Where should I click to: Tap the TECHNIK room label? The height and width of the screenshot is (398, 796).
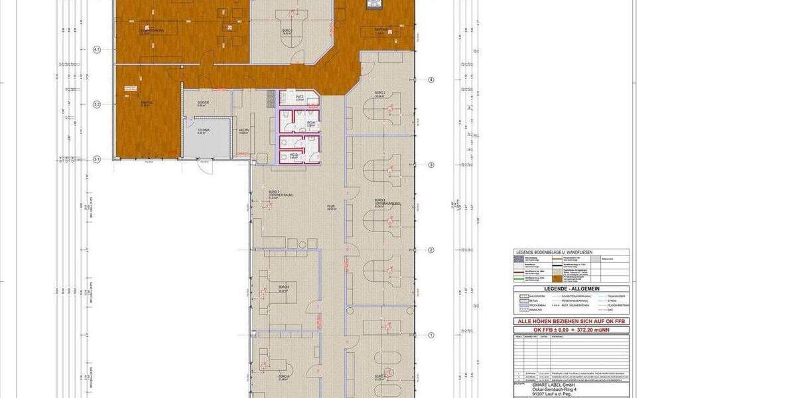[203, 131]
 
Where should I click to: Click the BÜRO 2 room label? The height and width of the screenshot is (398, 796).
[380, 94]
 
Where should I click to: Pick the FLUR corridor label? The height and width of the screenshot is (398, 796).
[330, 207]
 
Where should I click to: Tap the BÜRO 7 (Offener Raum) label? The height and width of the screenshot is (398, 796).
[275, 194]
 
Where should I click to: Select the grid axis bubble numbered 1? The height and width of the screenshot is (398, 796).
[431, 336]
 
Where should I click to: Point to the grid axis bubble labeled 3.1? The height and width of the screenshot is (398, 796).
[96, 159]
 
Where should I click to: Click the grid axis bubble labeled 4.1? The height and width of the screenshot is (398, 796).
[96, 50]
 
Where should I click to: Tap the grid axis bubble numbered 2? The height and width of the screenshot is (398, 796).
[431, 250]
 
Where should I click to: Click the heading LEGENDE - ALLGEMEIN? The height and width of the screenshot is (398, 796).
[572, 290]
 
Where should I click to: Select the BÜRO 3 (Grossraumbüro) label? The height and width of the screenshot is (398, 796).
[380, 202]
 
